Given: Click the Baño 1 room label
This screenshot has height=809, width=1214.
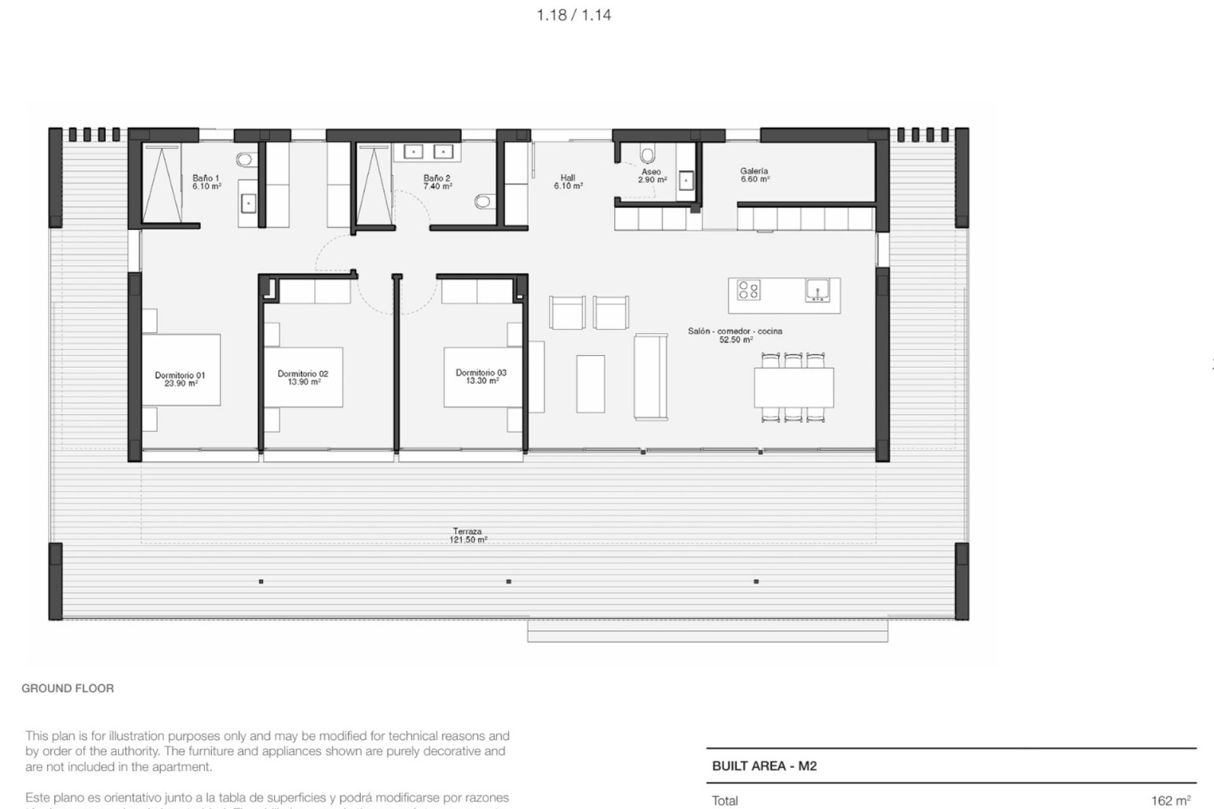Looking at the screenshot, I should (207, 183).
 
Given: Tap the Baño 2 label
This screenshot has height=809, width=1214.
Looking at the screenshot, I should (438, 183).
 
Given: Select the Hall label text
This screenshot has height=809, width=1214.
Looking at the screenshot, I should (568, 182).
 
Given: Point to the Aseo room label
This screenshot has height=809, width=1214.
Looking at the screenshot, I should (651, 176).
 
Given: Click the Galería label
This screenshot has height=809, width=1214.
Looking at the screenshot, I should (754, 175).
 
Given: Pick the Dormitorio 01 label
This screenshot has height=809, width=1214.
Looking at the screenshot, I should (180, 379).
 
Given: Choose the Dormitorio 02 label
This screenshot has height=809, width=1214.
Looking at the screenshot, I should (303, 378).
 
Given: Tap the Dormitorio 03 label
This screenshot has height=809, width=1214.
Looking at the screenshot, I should (481, 377).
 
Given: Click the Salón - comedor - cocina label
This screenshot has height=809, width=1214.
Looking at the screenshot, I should (735, 335).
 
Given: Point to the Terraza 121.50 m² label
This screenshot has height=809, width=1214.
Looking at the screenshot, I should (467, 536).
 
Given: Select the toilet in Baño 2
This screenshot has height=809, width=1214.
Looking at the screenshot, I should (483, 202).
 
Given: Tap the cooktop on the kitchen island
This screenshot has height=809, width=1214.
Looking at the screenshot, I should (749, 290).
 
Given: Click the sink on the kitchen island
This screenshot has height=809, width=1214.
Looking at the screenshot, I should (818, 290).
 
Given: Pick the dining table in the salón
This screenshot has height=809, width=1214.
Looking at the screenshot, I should (794, 387).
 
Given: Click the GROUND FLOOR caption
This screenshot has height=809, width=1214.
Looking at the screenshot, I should (68, 688).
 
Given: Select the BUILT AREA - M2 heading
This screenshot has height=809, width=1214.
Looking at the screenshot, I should (764, 766).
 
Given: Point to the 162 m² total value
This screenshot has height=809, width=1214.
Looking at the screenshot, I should (1171, 801).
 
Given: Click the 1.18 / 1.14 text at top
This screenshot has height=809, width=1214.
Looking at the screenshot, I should (574, 15).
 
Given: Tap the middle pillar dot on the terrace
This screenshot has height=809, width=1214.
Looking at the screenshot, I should (509, 581).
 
